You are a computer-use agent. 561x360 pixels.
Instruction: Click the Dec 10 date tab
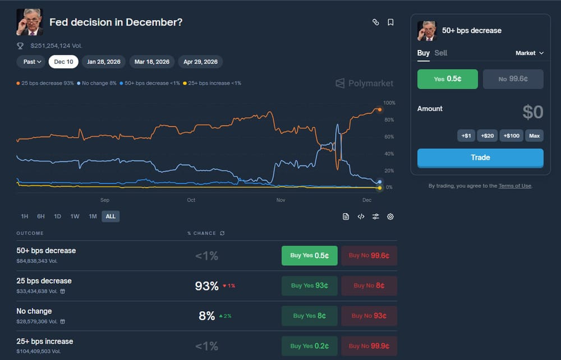click(x=63, y=62)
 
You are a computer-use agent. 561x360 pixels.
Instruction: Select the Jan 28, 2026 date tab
click(x=104, y=62)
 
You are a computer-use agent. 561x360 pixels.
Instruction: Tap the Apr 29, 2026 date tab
click(x=200, y=62)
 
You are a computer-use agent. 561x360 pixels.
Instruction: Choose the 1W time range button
click(x=75, y=216)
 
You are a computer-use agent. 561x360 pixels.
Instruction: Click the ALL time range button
click(x=111, y=216)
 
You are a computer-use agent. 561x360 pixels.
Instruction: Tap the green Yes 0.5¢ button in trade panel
click(x=448, y=79)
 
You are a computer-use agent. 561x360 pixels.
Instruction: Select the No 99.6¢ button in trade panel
click(x=513, y=79)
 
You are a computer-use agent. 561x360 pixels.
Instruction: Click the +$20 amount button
click(x=488, y=136)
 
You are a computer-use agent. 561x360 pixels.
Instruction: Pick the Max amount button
click(x=534, y=136)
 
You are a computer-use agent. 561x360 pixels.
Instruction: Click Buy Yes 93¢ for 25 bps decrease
click(x=310, y=285)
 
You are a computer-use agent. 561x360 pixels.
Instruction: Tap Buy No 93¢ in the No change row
click(x=369, y=316)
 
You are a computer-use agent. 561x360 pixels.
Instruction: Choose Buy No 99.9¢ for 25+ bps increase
click(x=369, y=346)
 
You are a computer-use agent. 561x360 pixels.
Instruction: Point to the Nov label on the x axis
click(x=281, y=200)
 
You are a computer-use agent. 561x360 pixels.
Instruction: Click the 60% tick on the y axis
click(x=388, y=137)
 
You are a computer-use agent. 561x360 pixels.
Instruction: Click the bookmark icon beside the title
click(x=390, y=22)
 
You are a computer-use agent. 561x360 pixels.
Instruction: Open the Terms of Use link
click(x=514, y=186)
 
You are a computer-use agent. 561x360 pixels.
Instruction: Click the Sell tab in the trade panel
click(x=441, y=53)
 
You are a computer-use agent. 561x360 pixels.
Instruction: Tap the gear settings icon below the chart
click(x=390, y=216)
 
